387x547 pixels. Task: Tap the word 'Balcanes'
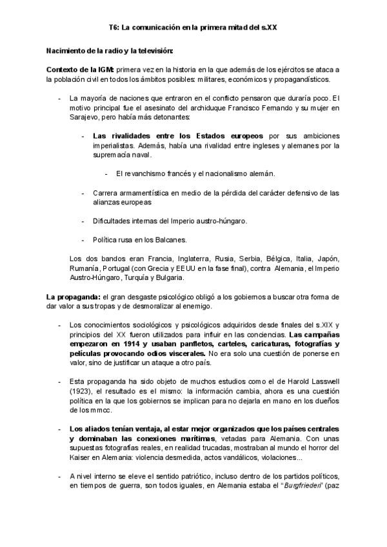170,239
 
